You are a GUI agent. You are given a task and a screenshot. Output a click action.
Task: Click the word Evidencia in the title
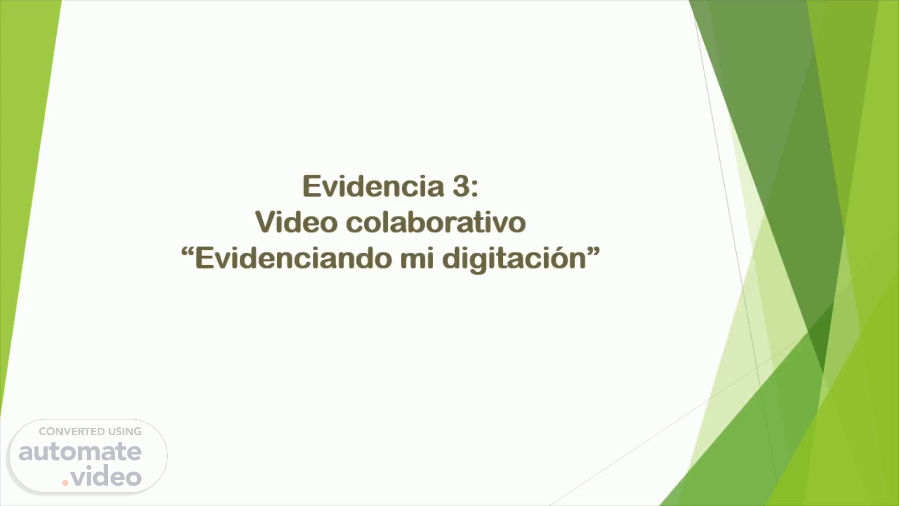click(373, 186)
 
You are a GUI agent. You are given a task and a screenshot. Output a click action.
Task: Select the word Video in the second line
click(296, 222)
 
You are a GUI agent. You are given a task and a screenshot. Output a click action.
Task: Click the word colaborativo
click(436, 222)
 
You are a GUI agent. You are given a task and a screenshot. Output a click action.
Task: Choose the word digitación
click(515, 259)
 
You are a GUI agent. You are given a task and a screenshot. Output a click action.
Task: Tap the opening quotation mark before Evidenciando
click(187, 253)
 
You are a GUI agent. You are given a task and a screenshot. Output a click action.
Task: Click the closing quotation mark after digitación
click(594, 253)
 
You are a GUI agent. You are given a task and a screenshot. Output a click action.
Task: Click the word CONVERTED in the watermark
click(72, 432)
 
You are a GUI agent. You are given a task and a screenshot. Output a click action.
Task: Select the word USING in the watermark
click(125, 432)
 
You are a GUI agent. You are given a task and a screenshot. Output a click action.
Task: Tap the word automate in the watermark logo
click(80, 451)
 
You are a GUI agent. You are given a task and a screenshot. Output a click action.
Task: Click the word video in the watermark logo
click(106, 476)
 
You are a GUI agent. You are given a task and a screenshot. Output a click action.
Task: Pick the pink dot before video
click(65, 483)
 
